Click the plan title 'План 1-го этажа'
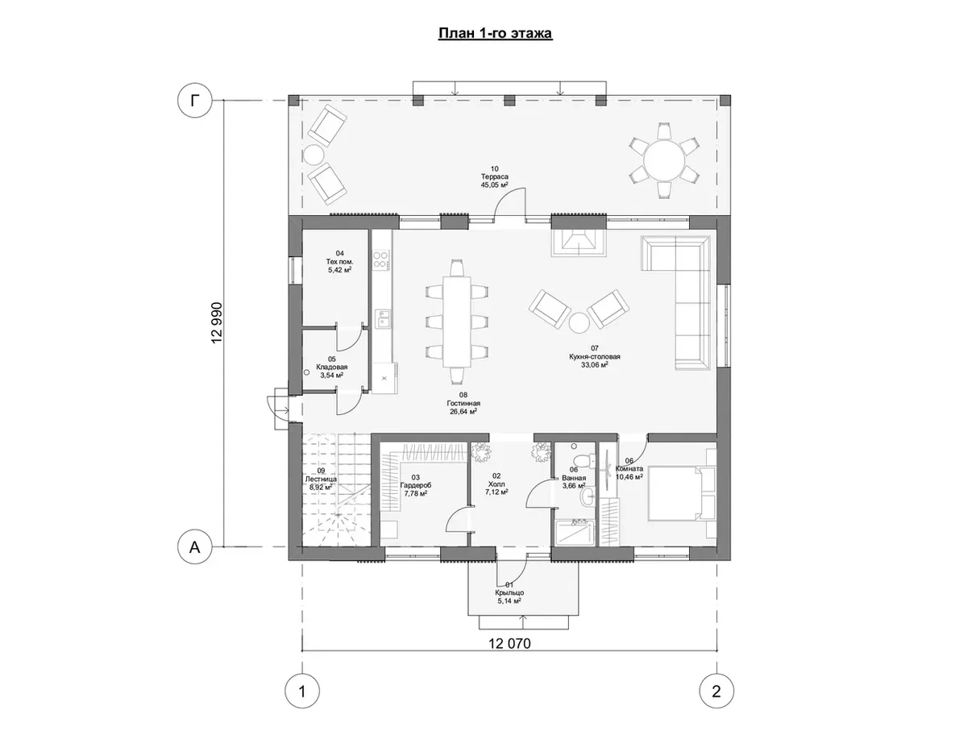495,34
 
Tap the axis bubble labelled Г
194,101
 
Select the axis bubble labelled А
194,546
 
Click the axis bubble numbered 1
301,691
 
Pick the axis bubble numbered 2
716,691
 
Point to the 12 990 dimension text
217,323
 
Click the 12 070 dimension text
509,643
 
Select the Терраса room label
495,176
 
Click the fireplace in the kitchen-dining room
579,243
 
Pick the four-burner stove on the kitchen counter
381,260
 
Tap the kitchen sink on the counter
383,318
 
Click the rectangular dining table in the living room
457,322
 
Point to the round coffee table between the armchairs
579,323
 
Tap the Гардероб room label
416,485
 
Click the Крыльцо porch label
509,592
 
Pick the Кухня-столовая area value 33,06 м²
594,364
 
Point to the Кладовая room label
332,367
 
